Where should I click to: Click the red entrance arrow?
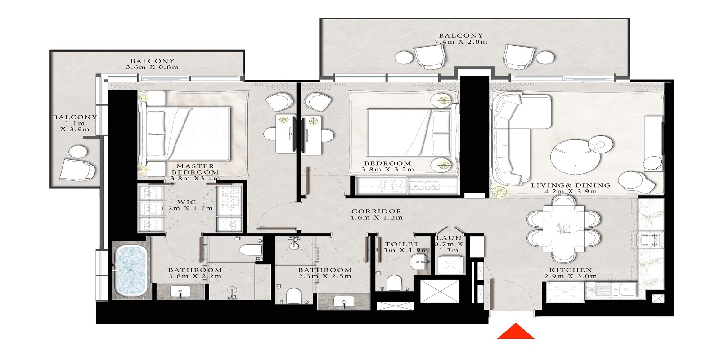(x=516, y=332)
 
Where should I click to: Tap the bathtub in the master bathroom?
(x=130, y=270)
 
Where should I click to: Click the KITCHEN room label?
(x=571, y=270)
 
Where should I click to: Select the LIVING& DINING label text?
(x=571, y=185)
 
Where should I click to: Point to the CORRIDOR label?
(x=376, y=211)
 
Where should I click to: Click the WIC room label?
(x=186, y=202)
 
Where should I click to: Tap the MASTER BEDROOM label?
(x=195, y=169)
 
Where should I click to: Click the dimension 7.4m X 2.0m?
(x=461, y=42)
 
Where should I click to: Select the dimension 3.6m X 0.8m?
(x=153, y=67)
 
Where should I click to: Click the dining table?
(x=563, y=229)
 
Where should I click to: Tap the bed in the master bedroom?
(x=187, y=134)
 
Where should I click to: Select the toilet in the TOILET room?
(x=394, y=283)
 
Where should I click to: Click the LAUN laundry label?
(x=449, y=238)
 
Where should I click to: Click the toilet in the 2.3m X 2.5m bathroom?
(x=294, y=296)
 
